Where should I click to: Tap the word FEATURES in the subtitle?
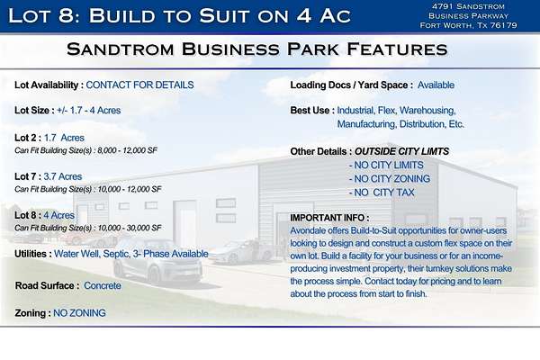tap(397, 49)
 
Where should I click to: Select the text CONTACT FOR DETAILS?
tap(139, 85)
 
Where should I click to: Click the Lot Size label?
tap(34, 111)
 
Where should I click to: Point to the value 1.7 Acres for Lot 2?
tap(64, 138)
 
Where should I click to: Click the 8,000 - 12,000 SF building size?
tap(128, 150)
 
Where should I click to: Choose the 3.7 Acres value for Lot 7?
tap(63, 176)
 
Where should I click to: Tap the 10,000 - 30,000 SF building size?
tap(130, 228)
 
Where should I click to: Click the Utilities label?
tap(33, 254)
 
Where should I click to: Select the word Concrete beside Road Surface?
tap(103, 285)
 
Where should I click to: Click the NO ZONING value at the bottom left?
tap(79, 313)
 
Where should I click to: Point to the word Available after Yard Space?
tap(436, 85)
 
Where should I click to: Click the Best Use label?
tap(312, 111)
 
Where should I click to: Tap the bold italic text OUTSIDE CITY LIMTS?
tap(402, 151)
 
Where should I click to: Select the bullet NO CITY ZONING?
tap(390, 179)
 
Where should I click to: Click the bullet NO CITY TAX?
tap(382, 193)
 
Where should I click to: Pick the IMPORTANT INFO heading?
tap(329, 218)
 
